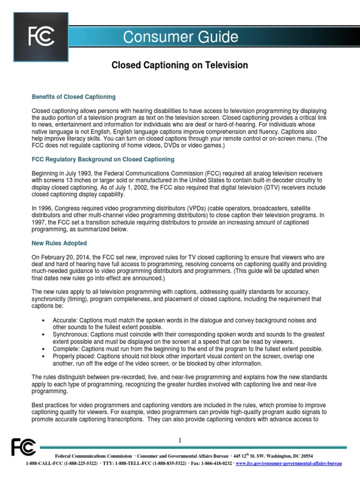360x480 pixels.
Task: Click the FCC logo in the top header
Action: point(41,36)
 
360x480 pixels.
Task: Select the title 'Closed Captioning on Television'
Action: point(180,65)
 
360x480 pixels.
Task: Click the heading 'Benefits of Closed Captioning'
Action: point(74,97)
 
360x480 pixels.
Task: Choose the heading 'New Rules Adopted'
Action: point(59,243)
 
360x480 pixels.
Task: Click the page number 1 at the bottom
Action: point(180,440)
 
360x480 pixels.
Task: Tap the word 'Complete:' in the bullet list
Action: point(66,349)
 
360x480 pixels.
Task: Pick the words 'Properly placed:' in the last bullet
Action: point(74,356)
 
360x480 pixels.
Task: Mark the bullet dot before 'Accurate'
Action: point(43,321)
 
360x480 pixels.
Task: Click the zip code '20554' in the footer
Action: point(305,456)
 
